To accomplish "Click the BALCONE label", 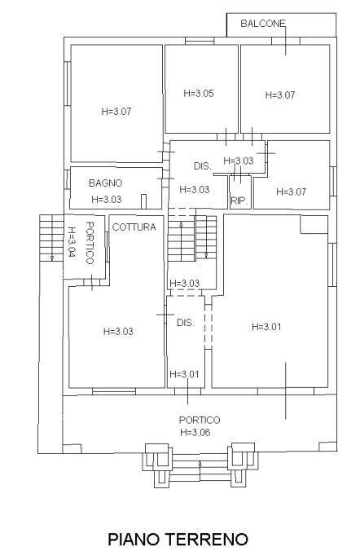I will tap(262, 24).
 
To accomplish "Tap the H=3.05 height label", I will tap(199, 94).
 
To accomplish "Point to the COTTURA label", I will tap(134, 227).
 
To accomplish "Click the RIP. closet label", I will tap(239, 201).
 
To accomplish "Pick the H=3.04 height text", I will tap(72, 242).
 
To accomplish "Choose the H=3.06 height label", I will tap(200, 432).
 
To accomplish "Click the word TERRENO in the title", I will tap(208, 539).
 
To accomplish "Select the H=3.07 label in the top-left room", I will tap(116, 111).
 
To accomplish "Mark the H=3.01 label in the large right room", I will tap(266, 327).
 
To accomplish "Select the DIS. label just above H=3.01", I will tap(185, 323).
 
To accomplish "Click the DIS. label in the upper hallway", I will tap(202, 166).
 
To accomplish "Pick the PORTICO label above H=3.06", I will tap(200, 420).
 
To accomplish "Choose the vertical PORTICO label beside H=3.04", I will tap(91, 242).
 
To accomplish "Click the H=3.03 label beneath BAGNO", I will tap(107, 199).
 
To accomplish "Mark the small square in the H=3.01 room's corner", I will tap(313, 225).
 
